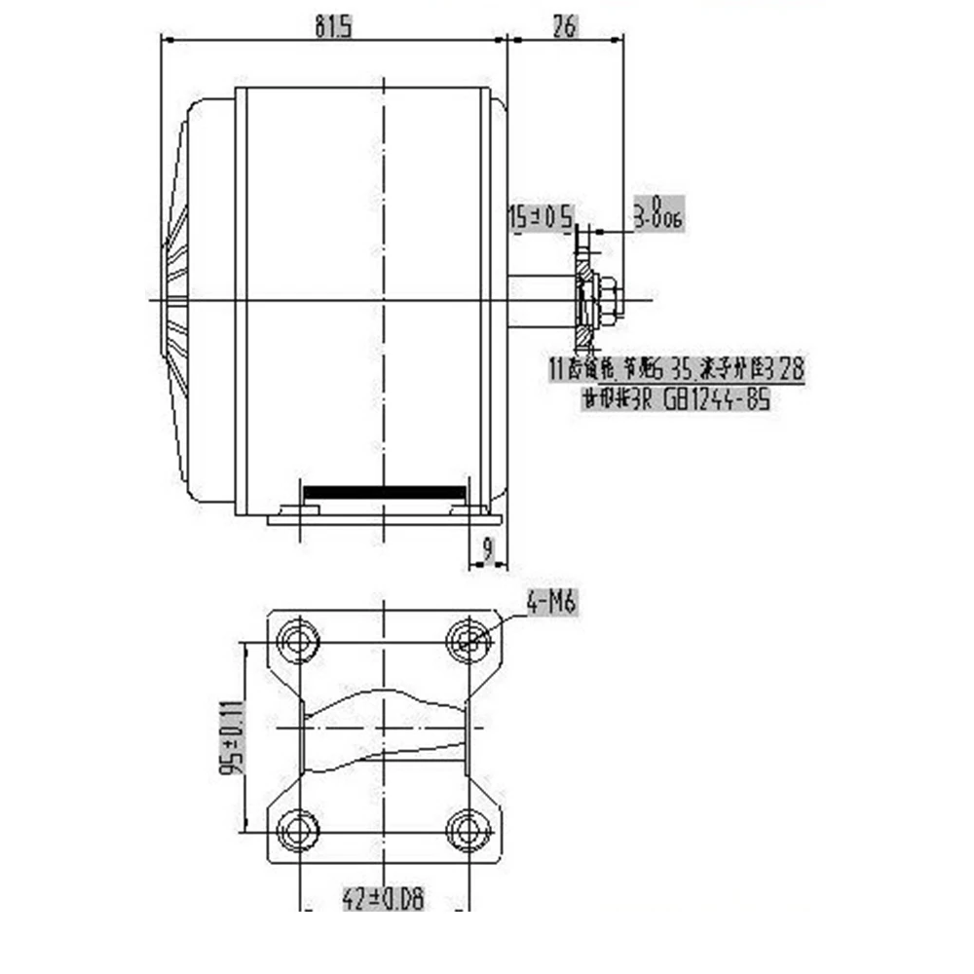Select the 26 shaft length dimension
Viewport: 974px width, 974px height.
point(564,27)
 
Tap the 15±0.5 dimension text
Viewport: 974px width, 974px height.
point(542,217)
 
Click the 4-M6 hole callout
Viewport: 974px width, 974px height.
point(552,605)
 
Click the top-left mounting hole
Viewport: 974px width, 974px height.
point(298,641)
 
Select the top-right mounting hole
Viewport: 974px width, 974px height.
point(468,641)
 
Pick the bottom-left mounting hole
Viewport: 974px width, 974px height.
point(298,831)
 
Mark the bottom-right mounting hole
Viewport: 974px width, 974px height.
point(468,831)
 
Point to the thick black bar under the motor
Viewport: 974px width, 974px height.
point(385,492)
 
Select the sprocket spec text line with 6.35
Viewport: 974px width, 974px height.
point(676,369)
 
